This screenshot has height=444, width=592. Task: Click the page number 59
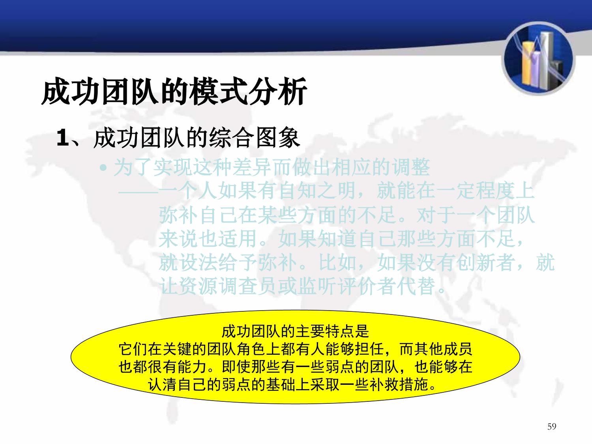click(x=551, y=426)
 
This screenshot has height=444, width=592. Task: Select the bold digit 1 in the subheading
click(x=62, y=138)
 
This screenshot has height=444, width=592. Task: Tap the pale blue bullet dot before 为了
click(x=103, y=168)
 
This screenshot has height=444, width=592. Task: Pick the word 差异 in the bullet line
click(x=252, y=167)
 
